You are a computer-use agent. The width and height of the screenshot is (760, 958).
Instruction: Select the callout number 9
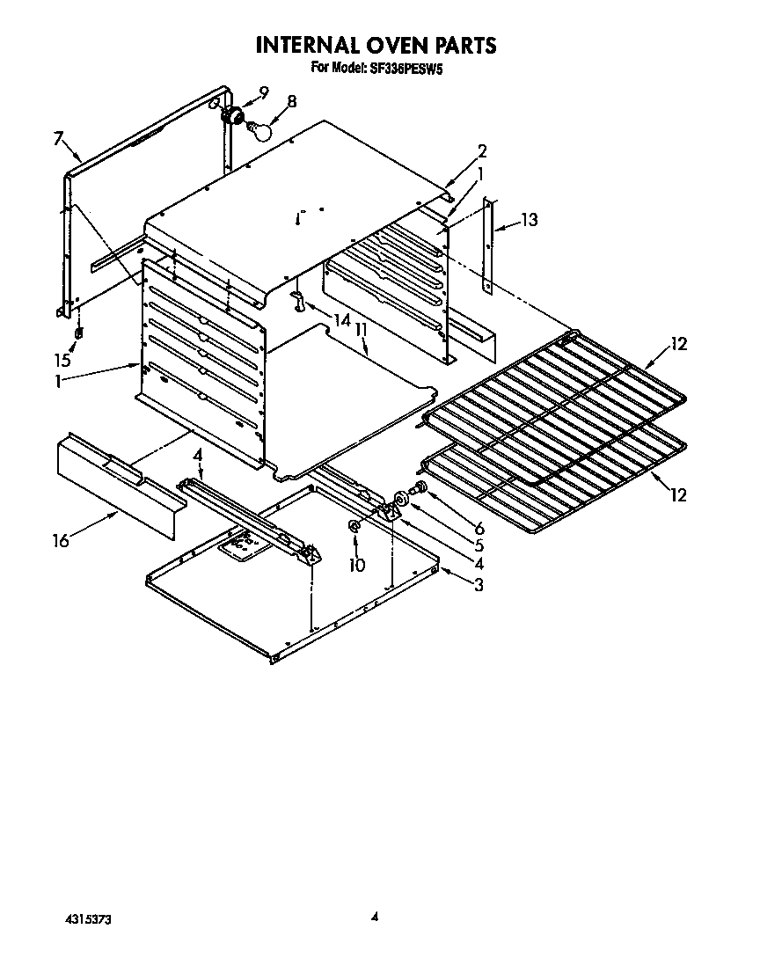pyautogui.click(x=263, y=91)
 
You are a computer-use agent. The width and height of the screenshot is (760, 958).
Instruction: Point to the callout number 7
pyautogui.click(x=58, y=138)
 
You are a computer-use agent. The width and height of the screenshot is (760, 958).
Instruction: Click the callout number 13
pyautogui.click(x=528, y=220)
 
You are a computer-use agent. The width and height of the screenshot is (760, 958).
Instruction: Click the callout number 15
pyautogui.click(x=62, y=360)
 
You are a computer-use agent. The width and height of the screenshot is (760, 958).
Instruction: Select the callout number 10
pyautogui.click(x=356, y=564)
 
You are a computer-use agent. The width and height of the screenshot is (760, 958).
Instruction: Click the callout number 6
pyautogui.click(x=479, y=529)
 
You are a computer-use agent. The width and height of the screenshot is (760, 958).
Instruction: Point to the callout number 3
pyautogui.click(x=478, y=585)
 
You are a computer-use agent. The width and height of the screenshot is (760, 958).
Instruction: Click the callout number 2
pyautogui.click(x=481, y=150)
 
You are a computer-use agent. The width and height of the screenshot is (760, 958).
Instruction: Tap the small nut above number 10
pyautogui.click(x=354, y=526)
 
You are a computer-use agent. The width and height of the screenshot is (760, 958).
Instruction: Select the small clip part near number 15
pyautogui.click(x=78, y=333)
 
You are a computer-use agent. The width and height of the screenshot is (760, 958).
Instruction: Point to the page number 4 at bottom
pyautogui.click(x=374, y=917)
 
